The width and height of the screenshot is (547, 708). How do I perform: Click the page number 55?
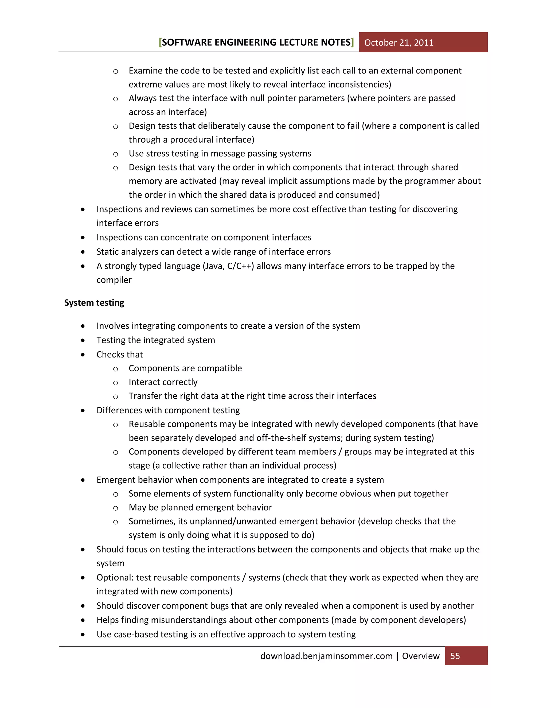455,656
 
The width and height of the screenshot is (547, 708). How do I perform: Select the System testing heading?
94,302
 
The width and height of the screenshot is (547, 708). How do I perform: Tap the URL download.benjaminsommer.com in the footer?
326,656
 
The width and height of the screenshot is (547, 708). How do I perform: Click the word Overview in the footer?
421,656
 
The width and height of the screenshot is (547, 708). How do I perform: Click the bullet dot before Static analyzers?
83,252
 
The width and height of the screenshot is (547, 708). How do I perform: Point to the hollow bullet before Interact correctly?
115,383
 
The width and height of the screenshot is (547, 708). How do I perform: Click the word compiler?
114,280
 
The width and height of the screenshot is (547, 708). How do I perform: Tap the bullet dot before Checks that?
83,355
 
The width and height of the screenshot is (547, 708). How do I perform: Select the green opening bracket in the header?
160,42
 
